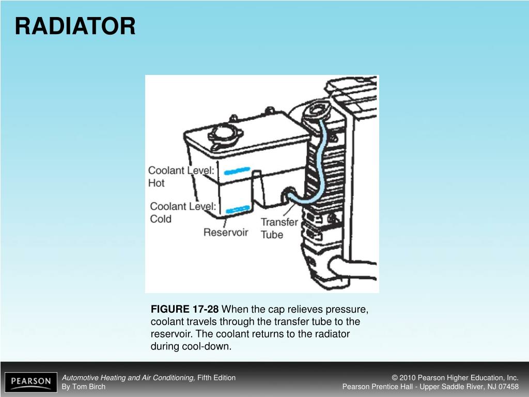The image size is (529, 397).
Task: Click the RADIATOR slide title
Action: [x=75, y=26]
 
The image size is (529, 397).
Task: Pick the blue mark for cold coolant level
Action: [x=238, y=209]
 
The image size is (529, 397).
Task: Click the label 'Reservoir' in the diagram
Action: [x=226, y=232]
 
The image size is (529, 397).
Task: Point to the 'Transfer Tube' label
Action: [x=279, y=228]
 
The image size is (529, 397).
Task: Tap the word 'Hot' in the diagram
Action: [x=156, y=183]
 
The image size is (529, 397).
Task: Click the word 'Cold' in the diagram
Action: [x=161, y=219]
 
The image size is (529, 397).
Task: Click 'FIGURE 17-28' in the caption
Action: [x=184, y=310]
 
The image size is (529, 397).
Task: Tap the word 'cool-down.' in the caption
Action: [x=191, y=346]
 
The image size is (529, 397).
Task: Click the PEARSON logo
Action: [x=31, y=382]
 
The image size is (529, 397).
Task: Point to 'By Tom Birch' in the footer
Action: [x=83, y=387]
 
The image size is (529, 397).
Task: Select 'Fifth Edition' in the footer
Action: [x=216, y=377]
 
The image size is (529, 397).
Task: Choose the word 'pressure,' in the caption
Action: [x=349, y=310]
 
